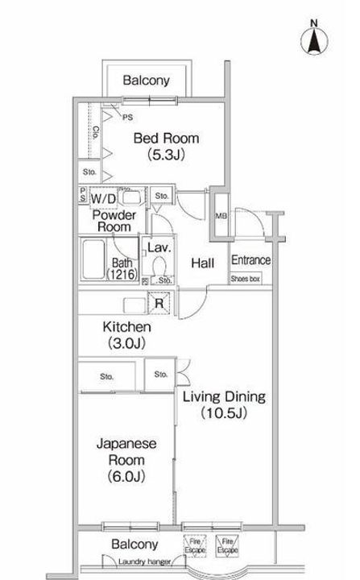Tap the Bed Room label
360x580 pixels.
pos(165,139)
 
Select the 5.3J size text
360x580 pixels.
pos(166,155)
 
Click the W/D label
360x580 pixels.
pos(102,197)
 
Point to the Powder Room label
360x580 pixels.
pos(114,221)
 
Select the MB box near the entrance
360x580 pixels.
pos(221,215)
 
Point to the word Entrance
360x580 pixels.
pos(250,260)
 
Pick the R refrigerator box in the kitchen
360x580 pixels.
pos(159,303)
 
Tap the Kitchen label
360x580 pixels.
pos(126,327)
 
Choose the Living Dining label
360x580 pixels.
pos(223,397)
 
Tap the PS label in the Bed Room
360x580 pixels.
pos(128,117)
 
